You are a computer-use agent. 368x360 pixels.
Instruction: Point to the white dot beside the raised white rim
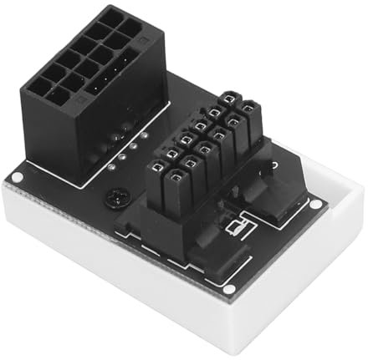pyautogui.click(x=314, y=203)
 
